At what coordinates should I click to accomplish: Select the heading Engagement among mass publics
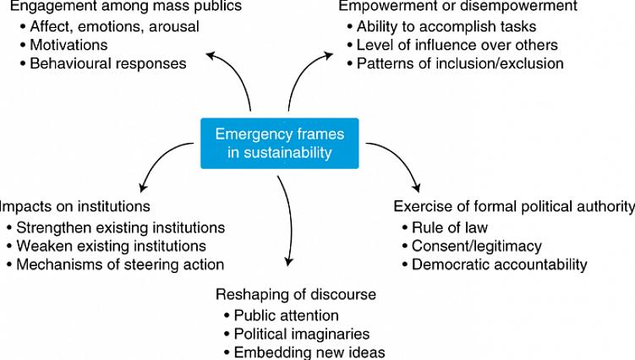click(125, 7)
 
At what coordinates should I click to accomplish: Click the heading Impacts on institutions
click(75, 206)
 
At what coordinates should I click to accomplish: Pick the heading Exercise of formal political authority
click(514, 206)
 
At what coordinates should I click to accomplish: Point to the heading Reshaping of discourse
click(296, 294)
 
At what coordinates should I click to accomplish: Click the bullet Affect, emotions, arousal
click(114, 26)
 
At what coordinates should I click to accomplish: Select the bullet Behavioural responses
click(108, 63)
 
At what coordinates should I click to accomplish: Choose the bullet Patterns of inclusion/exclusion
click(460, 63)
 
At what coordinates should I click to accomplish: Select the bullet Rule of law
click(449, 227)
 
